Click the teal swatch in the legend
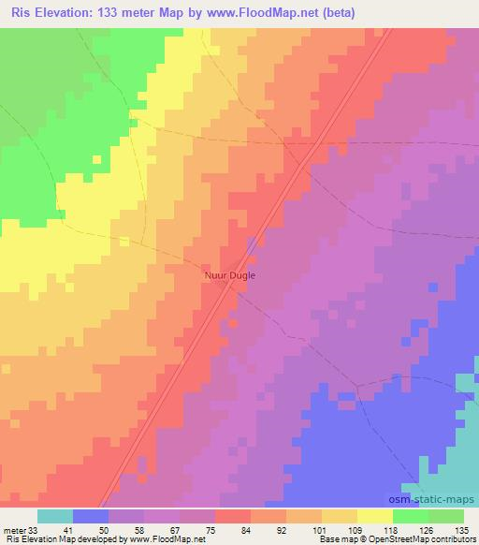[x=55, y=516]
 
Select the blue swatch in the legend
[x=91, y=516]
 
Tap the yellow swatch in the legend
[x=374, y=516]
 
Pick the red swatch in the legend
[x=233, y=516]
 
